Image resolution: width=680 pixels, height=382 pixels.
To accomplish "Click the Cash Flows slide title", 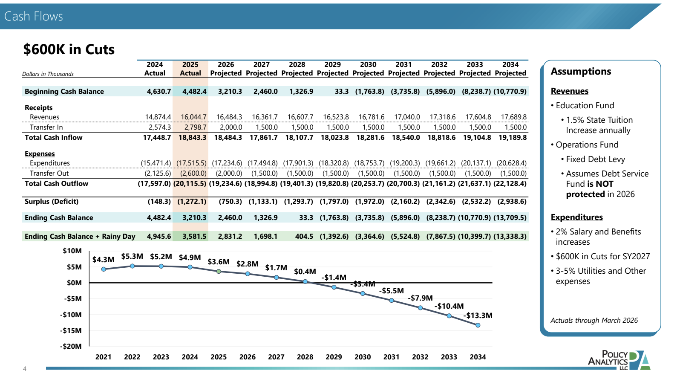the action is click(33, 16).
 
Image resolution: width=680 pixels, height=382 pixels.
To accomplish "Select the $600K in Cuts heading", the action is click(69, 49).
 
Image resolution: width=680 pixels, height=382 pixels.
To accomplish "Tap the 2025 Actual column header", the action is click(190, 69).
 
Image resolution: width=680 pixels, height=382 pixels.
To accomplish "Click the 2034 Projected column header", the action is click(510, 69).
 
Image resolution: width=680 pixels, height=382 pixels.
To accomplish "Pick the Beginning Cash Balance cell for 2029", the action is click(342, 91).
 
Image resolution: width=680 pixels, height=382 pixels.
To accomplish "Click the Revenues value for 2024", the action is click(158, 117).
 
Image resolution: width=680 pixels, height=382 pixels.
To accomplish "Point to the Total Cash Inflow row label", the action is click(53, 138).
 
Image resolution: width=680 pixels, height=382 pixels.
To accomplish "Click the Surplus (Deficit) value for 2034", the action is click(512, 202).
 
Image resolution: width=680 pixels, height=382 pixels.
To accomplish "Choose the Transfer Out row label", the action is click(49, 174).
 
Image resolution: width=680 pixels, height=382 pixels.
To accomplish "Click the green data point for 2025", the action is click(219, 272).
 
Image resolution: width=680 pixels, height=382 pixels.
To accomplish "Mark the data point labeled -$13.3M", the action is click(478, 325).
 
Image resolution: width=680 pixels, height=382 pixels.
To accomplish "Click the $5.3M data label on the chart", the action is click(132, 256).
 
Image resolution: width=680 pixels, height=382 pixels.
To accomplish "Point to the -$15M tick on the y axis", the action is click(71, 330).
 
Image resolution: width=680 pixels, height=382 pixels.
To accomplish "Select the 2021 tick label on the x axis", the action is click(103, 357).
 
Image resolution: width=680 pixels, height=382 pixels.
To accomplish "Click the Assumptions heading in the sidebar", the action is click(581, 71).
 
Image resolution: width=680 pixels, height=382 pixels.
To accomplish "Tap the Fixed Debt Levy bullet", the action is click(593, 159).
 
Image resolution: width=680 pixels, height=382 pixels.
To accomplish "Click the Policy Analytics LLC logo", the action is click(619, 360).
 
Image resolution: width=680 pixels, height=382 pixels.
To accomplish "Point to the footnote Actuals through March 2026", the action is click(594, 320).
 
